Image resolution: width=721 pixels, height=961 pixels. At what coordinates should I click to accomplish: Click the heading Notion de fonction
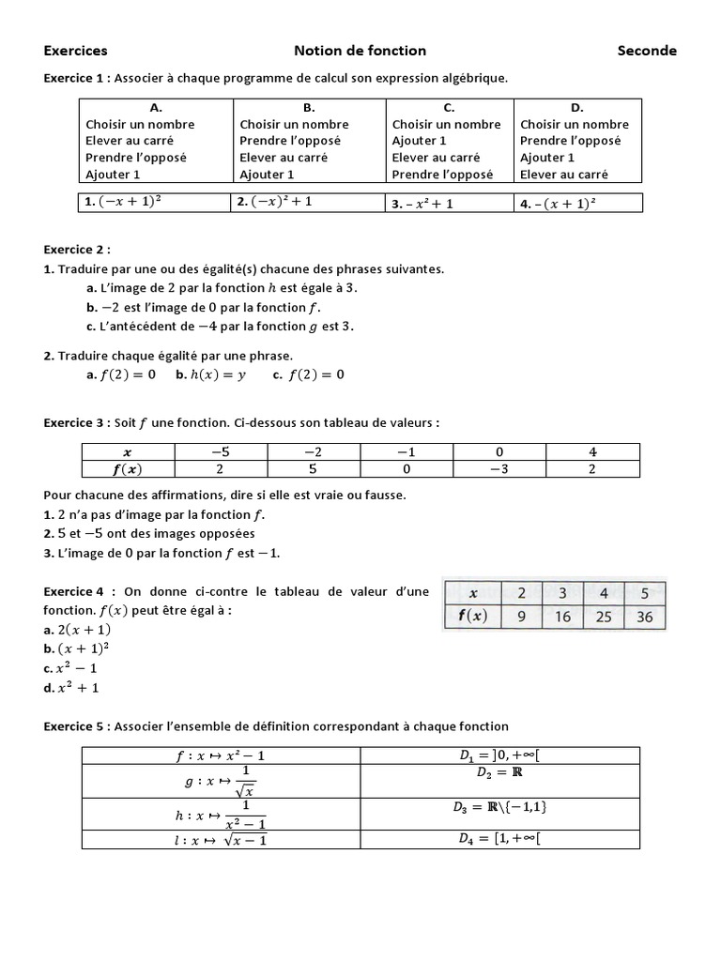pos(360,51)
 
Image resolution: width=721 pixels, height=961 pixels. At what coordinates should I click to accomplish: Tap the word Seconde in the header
pos(646,51)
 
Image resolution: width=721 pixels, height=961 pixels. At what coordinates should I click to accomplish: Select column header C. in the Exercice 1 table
pos(449,108)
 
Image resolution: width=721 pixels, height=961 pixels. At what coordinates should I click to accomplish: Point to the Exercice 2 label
pos(77,250)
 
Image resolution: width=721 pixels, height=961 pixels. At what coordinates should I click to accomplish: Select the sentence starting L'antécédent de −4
pos(220,326)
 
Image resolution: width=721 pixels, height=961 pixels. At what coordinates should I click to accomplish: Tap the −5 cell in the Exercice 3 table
pos(221,451)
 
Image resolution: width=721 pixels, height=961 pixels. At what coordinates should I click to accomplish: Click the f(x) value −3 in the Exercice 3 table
pos(499,469)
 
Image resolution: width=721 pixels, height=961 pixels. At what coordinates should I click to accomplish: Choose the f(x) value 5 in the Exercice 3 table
pos(314,469)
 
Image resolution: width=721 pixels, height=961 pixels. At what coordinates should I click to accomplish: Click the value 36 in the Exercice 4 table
pos(645,618)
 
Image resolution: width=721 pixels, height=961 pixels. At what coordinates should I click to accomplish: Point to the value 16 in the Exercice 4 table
pos(563,618)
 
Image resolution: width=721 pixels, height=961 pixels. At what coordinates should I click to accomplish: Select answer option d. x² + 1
pos(71,687)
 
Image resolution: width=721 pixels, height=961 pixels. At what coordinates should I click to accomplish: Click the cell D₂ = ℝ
pos(499,772)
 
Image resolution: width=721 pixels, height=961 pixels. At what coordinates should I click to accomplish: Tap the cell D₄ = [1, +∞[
pos(499,838)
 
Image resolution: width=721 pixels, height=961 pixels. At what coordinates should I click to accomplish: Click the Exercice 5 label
pos(77,725)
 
